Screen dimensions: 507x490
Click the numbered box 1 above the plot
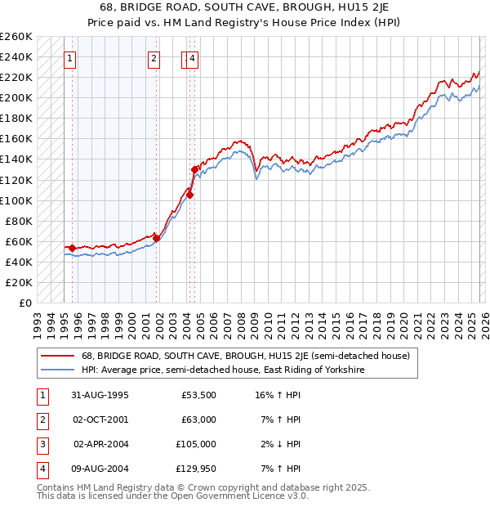tap(71, 58)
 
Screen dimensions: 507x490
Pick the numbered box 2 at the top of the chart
tap(154, 58)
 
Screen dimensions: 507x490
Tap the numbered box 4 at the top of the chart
tap(192, 58)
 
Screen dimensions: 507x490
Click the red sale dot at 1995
tap(73, 248)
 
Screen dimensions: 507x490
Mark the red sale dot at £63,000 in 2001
tap(156, 238)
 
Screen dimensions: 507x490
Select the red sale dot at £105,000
tap(189, 195)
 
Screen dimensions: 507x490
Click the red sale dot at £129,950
tap(194, 169)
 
